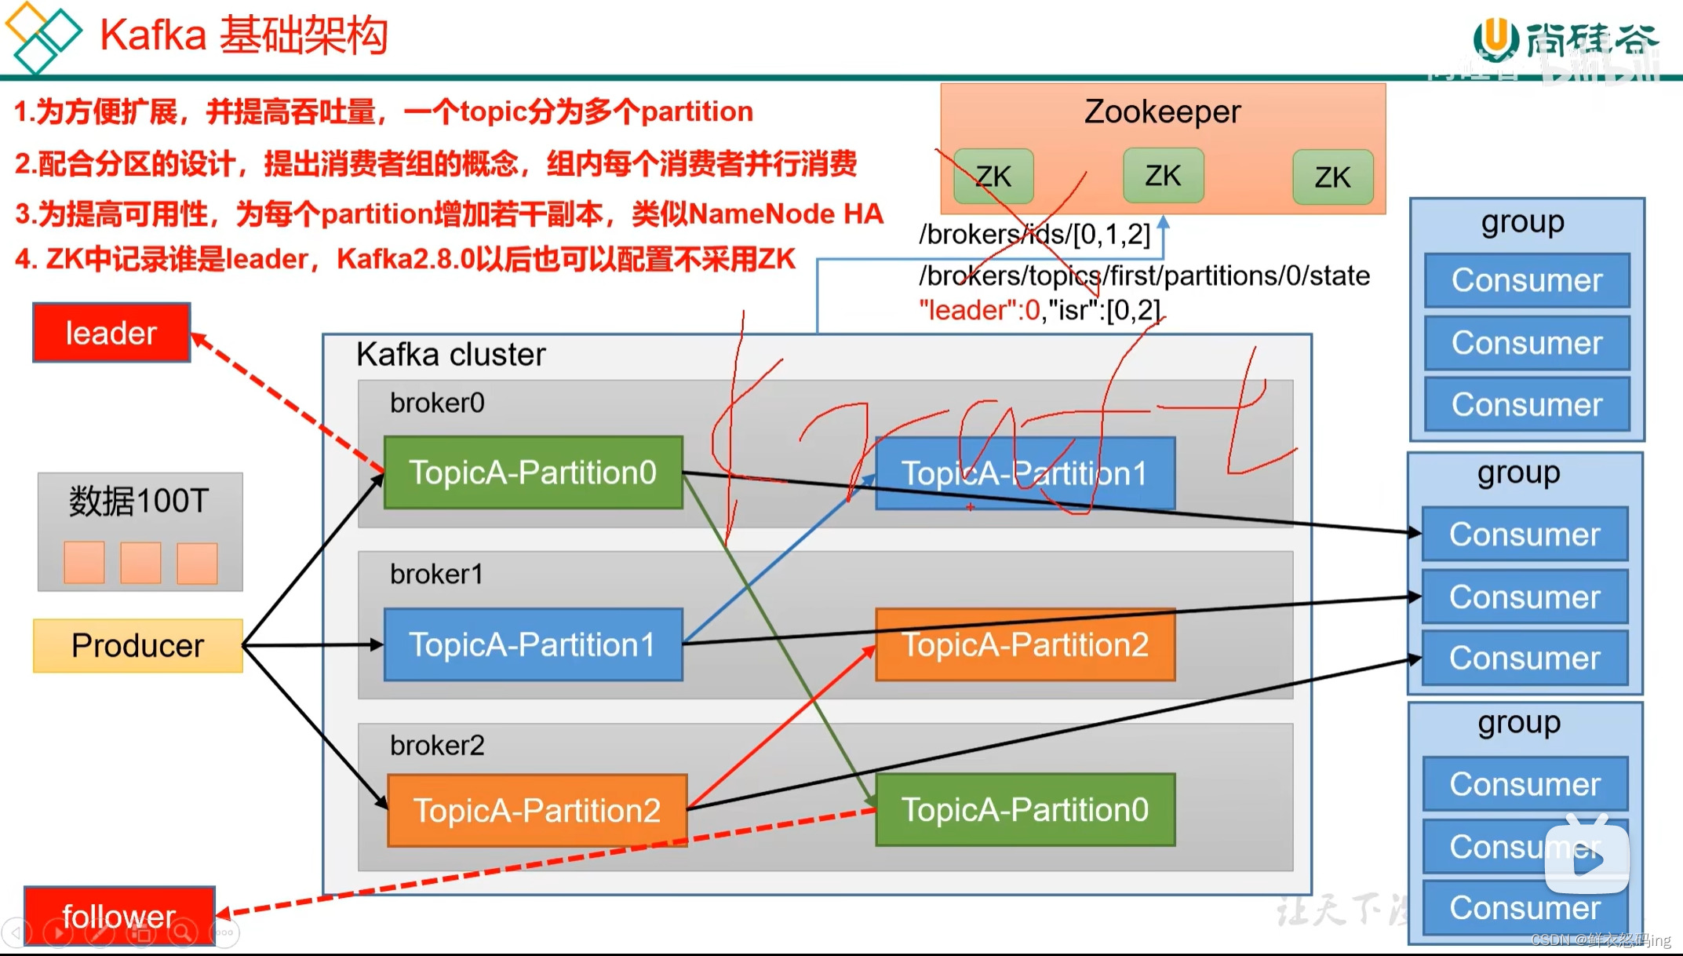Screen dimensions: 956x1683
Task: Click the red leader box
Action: click(111, 333)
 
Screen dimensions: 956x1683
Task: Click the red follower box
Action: click(119, 915)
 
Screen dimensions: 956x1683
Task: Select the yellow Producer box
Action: click(138, 646)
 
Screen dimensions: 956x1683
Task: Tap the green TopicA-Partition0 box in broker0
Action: click(534, 473)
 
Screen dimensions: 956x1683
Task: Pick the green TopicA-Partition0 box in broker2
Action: click(1025, 810)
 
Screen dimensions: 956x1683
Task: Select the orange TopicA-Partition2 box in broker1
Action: click(1025, 645)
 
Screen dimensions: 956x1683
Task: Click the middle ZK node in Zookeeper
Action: click(1163, 176)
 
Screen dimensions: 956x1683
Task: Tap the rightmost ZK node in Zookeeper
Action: click(1332, 177)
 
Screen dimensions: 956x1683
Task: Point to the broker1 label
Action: click(436, 575)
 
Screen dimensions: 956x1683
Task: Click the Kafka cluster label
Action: click(450, 355)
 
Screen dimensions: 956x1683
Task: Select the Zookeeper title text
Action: click(1162, 112)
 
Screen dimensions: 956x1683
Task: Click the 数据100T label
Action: click(139, 501)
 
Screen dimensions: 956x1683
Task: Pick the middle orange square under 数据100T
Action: click(140, 563)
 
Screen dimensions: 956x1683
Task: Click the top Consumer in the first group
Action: click(1526, 280)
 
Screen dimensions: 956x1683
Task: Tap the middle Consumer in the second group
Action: click(1525, 597)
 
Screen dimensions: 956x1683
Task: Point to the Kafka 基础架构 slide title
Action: click(244, 35)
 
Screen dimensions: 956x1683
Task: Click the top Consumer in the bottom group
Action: click(1525, 784)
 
